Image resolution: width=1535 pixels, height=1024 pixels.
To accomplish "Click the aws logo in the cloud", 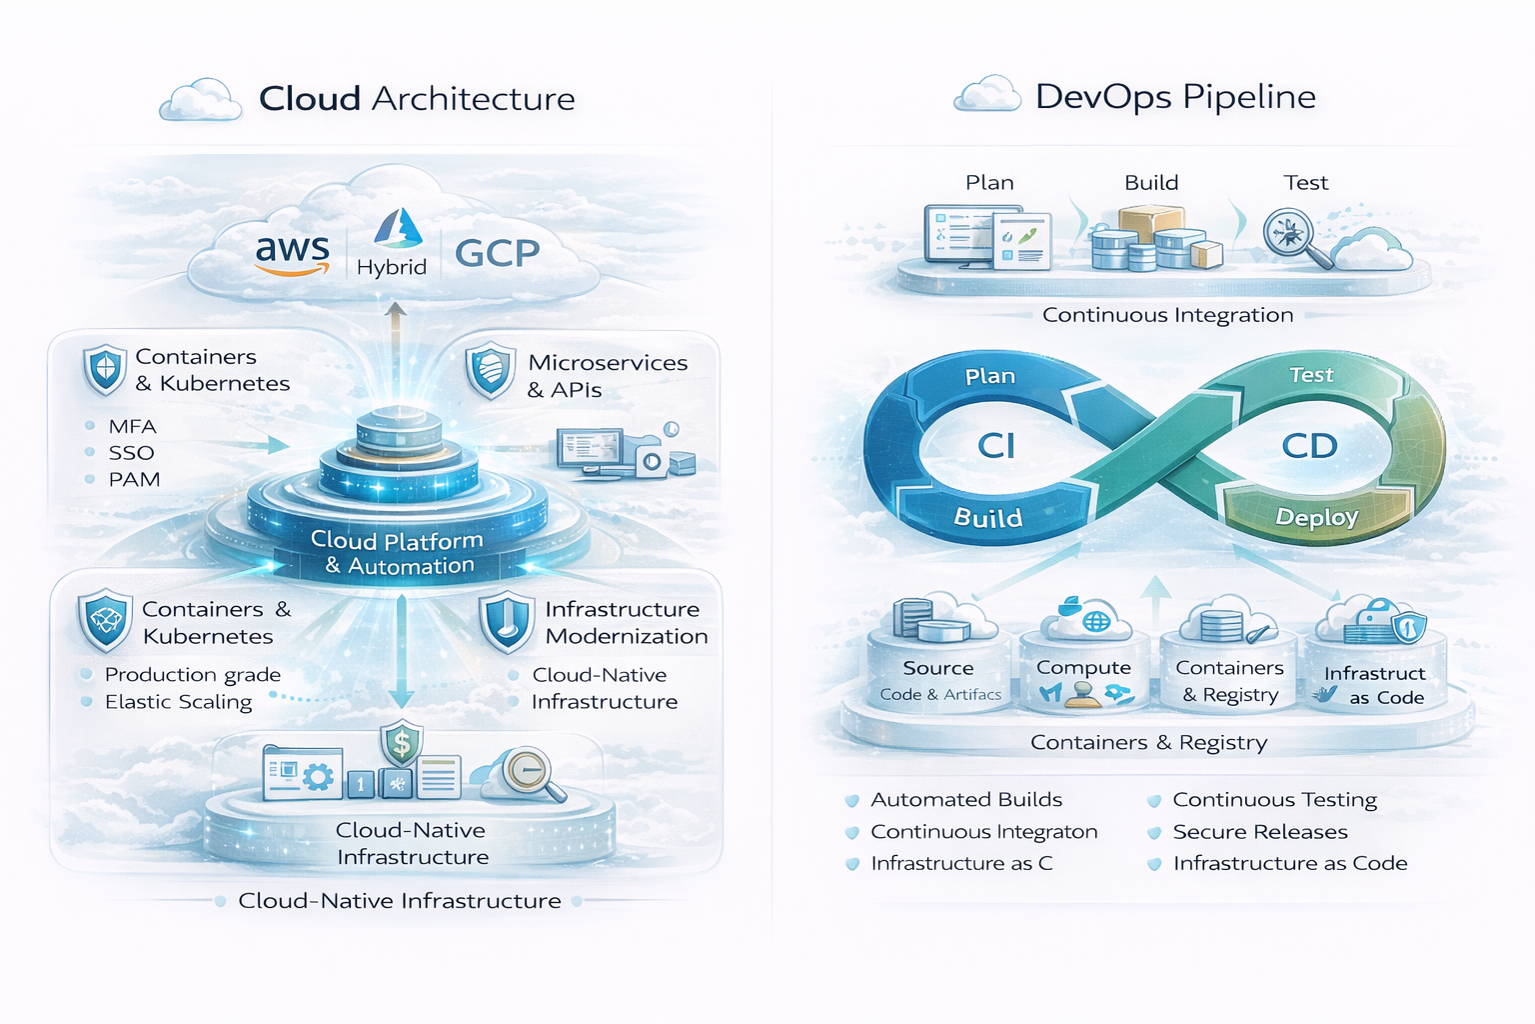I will (x=292, y=253).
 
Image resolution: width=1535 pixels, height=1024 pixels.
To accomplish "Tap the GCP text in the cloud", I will (x=497, y=254).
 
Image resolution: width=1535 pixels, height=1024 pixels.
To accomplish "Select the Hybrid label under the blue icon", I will (x=392, y=267).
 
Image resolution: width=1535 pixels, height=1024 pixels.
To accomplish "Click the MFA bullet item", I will (x=132, y=426).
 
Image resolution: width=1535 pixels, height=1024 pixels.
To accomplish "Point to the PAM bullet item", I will (x=134, y=479).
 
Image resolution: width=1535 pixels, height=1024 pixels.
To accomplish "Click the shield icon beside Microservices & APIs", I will (x=490, y=371).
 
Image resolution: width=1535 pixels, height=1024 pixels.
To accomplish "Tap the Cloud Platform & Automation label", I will (x=398, y=553).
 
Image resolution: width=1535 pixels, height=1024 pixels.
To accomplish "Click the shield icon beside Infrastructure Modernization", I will (x=506, y=622).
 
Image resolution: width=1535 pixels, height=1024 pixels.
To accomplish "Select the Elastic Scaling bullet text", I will (x=178, y=702).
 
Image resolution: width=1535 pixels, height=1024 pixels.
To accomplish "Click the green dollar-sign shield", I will (x=401, y=743).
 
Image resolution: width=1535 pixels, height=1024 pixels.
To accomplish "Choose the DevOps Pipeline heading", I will (x=1175, y=97).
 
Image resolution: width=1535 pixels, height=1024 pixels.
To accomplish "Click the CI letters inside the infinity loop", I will (x=996, y=445).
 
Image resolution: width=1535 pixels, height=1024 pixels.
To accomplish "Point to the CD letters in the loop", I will (x=1309, y=446).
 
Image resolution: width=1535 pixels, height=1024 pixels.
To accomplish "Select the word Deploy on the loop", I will (x=1316, y=517).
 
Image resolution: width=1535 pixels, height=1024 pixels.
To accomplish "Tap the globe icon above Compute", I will (x=1096, y=621).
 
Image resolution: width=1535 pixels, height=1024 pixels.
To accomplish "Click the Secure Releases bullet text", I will (x=1259, y=832).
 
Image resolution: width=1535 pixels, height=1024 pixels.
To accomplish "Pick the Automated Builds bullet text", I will (x=965, y=800).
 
